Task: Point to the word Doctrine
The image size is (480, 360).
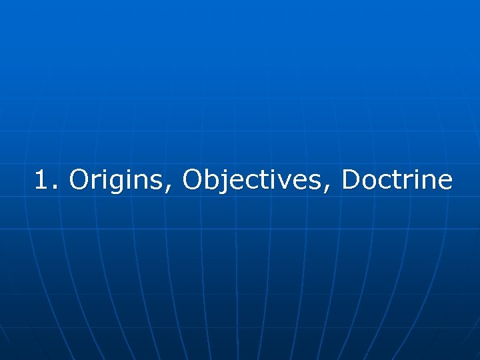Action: coord(397,179)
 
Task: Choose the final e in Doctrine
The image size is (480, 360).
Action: coord(444,182)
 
